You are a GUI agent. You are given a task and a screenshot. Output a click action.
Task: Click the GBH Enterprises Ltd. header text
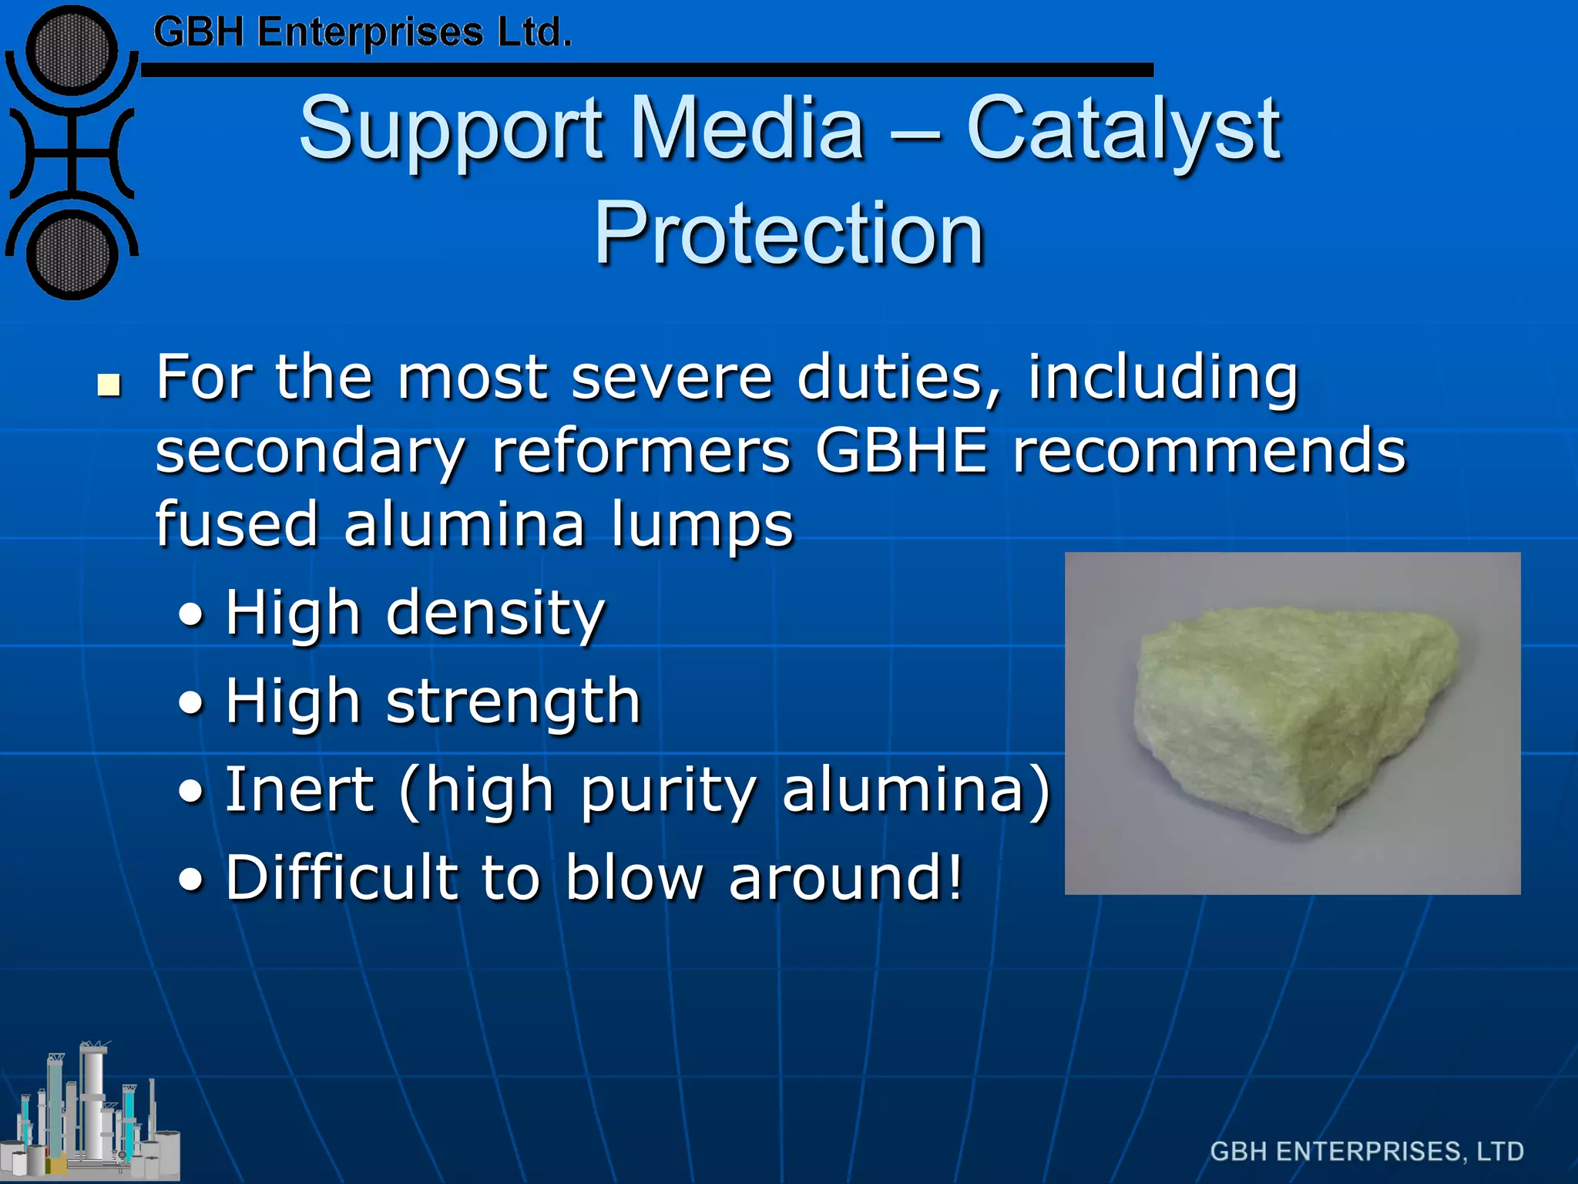pyautogui.click(x=362, y=33)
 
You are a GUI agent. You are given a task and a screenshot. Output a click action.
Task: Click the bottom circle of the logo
pyautogui.click(x=72, y=255)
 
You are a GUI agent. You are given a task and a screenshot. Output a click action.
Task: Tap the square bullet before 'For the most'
pyautogui.click(x=109, y=385)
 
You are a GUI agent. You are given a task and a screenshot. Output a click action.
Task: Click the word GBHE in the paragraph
pyautogui.click(x=901, y=451)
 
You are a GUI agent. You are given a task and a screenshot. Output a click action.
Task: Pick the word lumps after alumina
pyautogui.click(x=701, y=525)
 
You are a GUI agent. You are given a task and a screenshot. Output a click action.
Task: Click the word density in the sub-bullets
pyautogui.click(x=495, y=614)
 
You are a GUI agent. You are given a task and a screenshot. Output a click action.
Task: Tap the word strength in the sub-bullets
pyautogui.click(x=512, y=702)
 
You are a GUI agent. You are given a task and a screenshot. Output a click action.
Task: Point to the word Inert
pyautogui.click(x=299, y=790)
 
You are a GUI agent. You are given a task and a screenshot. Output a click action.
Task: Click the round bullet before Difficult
pyautogui.click(x=191, y=880)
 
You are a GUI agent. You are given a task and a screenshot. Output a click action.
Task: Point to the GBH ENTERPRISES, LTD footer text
pyautogui.click(x=1366, y=1151)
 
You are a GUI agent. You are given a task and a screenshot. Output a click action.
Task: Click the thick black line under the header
pyautogui.click(x=647, y=70)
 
